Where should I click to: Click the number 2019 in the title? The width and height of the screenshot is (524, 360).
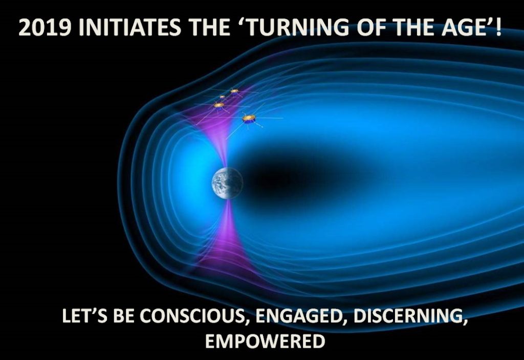[45, 28]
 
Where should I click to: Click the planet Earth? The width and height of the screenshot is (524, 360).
[227, 183]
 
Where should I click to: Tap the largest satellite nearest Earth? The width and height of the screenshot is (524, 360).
[249, 119]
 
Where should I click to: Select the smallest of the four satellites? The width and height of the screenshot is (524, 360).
[223, 97]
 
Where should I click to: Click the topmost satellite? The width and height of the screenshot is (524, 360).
[234, 91]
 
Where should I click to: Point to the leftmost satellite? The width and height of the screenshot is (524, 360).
[219, 105]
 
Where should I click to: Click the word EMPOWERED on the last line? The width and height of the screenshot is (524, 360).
[265, 341]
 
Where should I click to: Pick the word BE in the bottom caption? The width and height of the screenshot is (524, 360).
[123, 316]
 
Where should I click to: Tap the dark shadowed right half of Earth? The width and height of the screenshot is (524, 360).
[236, 183]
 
